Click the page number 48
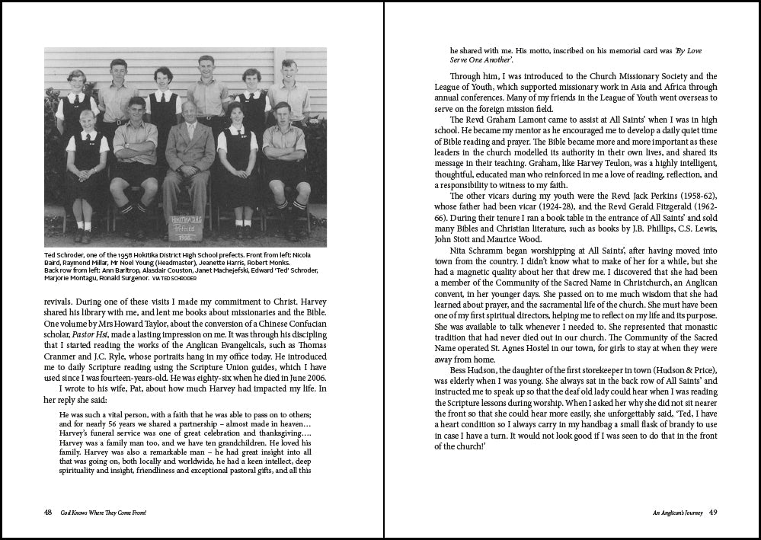pos(48,513)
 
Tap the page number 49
pos(712,513)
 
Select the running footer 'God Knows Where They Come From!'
pos(104,513)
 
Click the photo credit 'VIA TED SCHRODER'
pos(180,280)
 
